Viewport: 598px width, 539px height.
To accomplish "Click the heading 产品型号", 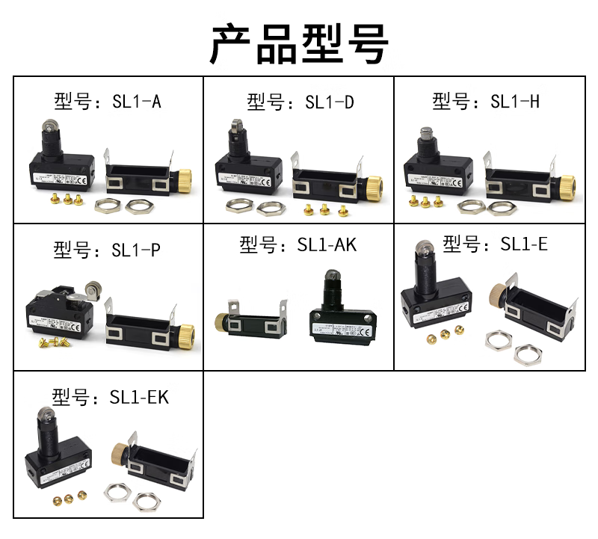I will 299,43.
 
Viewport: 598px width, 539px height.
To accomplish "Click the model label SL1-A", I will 108,100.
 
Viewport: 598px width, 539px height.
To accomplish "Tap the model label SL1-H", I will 485,101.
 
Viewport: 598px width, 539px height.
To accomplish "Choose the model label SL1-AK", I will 298,244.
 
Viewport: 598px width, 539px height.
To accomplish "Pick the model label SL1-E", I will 495,244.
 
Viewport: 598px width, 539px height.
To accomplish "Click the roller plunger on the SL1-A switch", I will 49,129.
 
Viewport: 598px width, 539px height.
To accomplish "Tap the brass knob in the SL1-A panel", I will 185,180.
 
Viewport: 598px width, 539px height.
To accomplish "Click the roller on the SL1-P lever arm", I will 95,286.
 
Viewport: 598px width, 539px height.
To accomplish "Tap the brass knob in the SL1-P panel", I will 185,331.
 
